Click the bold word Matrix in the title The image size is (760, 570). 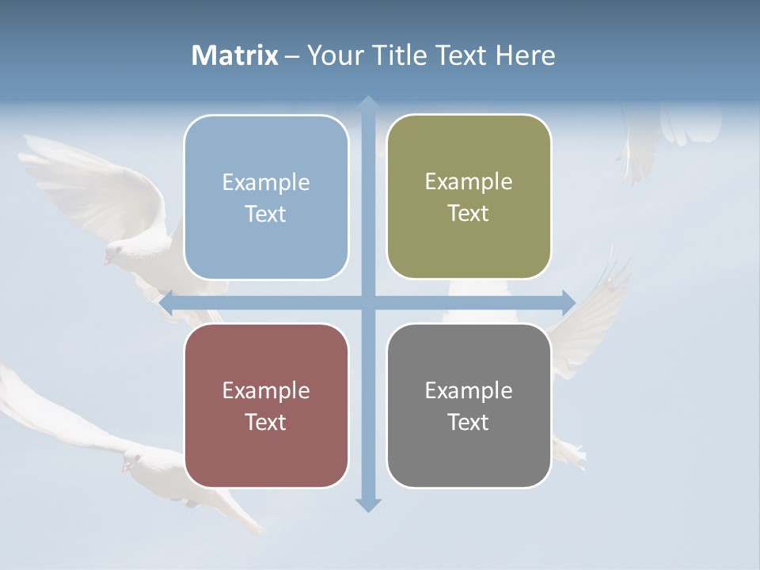235,55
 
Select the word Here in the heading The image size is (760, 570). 525,55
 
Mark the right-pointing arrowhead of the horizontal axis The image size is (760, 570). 569,302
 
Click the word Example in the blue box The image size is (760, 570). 266,183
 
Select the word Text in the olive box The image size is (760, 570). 469,214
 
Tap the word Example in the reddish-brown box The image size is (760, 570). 266,391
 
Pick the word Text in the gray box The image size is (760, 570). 469,422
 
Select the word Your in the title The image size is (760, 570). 332,55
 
